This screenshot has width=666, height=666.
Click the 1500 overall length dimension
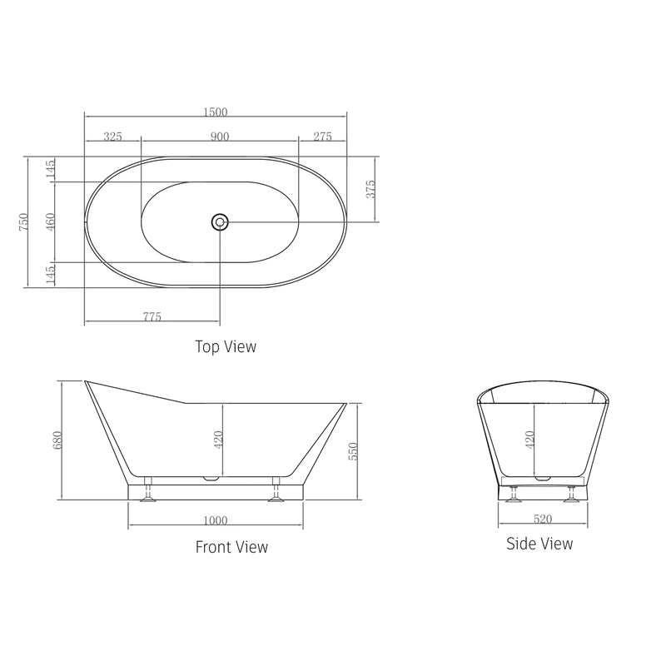tap(216, 112)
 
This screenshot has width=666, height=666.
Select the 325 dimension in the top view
tap(116, 137)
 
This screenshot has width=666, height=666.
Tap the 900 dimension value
tap(220, 137)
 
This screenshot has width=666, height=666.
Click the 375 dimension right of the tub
tap(371, 189)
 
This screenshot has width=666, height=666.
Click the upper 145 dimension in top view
tap(50, 169)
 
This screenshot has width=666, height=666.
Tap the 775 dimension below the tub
tap(152, 316)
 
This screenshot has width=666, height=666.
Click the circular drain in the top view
tap(220, 221)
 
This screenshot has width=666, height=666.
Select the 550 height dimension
tap(352, 451)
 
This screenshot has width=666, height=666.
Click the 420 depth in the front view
tap(219, 439)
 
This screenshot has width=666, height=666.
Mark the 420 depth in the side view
tap(530, 439)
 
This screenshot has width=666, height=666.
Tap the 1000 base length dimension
tap(215, 521)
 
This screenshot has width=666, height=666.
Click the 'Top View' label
tap(226, 346)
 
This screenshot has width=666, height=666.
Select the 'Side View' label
tap(539, 544)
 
